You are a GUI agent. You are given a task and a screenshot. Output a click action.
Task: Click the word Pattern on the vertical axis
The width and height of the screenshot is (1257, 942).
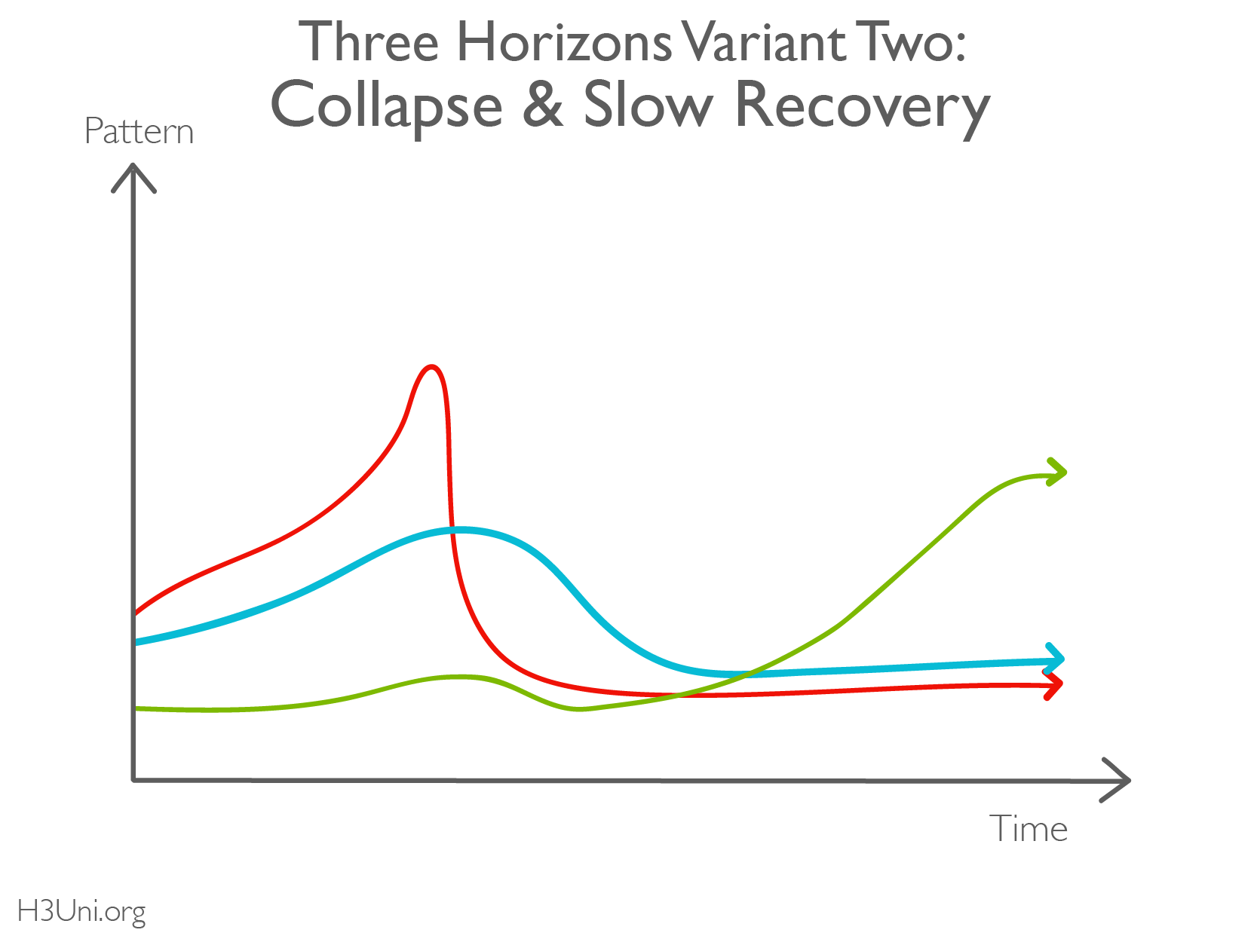click(139, 132)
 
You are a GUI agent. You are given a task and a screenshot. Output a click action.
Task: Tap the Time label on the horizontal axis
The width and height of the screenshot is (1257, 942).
click(1029, 829)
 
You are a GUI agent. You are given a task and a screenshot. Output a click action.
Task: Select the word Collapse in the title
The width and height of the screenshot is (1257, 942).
click(386, 106)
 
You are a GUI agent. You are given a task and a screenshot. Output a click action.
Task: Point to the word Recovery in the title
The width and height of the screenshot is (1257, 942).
click(861, 106)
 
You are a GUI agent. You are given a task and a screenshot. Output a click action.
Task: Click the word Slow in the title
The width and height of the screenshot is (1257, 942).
click(648, 105)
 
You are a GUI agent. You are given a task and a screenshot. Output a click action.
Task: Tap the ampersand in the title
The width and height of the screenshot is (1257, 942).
click(543, 105)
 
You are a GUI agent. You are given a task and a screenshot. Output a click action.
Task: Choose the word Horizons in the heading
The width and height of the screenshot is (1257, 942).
click(564, 42)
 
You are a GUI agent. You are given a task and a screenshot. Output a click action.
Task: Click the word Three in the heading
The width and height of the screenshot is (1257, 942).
click(369, 42)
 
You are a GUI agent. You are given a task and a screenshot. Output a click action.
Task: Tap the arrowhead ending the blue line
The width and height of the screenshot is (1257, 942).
click(1056, 659)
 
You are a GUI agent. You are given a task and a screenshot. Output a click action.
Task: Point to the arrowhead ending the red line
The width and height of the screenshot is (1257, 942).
click(1054, 684)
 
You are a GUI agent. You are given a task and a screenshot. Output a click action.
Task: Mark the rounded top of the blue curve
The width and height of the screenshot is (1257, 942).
click(458, 530)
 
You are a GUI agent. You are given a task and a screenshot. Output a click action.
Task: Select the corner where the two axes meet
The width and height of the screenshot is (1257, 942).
click(134, 779)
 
